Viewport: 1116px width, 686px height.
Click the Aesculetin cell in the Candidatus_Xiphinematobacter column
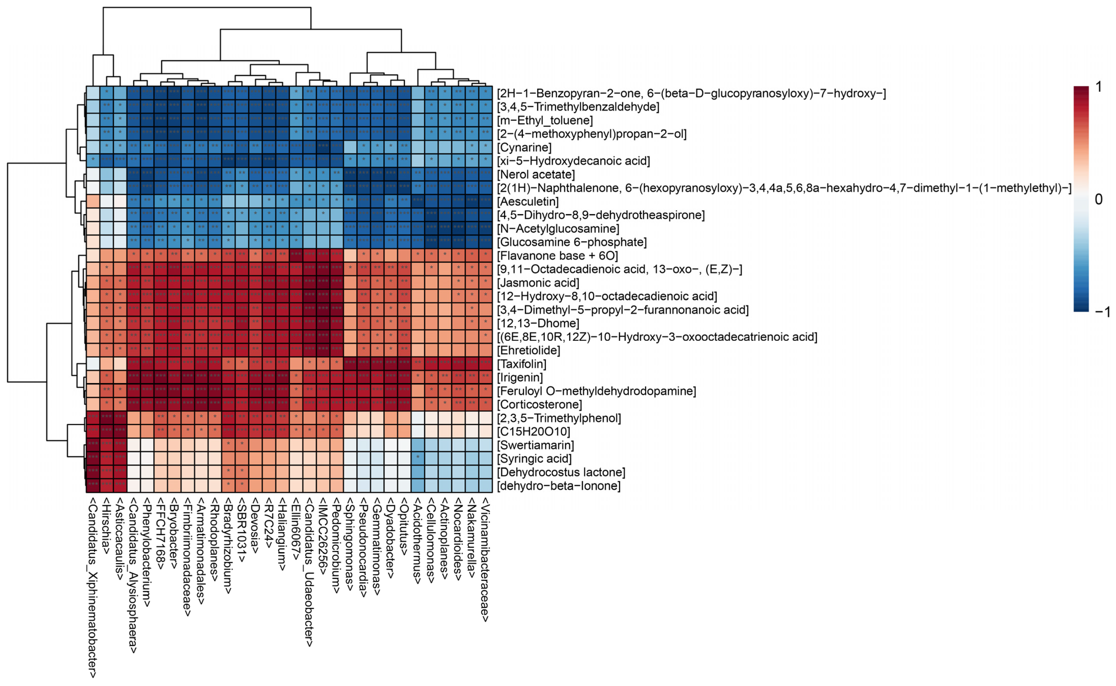pyautogui.click(x=93, y=201)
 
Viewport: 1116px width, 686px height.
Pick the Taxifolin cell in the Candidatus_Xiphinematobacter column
pyautogui.click(x=93, y=364)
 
